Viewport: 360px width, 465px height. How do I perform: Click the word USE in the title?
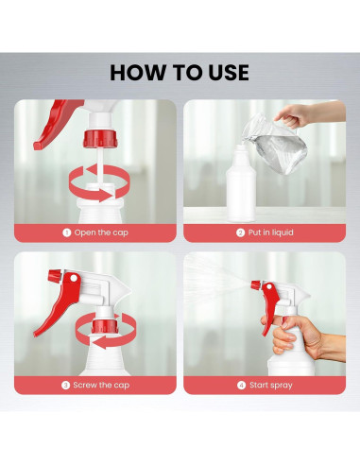click(x=229, y=73)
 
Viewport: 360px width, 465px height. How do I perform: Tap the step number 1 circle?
click(x=66, y=232)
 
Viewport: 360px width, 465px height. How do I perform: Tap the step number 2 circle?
click(x=240, y=232)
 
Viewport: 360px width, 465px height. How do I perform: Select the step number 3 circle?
click(x=65, y=386)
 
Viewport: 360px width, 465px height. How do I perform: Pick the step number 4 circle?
click(x=241, y=386)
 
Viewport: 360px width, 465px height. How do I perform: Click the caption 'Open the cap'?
click(x=101, y=232)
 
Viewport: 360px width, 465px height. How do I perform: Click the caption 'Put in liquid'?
click(x=271, y=232)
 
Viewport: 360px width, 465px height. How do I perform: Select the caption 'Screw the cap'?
click(x=101, y=385)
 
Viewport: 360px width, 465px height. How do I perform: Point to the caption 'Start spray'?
click(x=271, y=385)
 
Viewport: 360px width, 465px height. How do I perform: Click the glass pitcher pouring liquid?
click(x=275, y=145)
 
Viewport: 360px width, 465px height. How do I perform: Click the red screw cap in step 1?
click(x=100, y=139)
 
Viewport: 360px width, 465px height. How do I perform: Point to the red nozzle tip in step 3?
click(x=55, y=276)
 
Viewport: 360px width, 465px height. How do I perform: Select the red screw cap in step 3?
click(x=105, y=326)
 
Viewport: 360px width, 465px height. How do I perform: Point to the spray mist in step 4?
click(x=217, y=276)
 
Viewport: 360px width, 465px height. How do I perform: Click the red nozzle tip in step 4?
click(x=255, y=284)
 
